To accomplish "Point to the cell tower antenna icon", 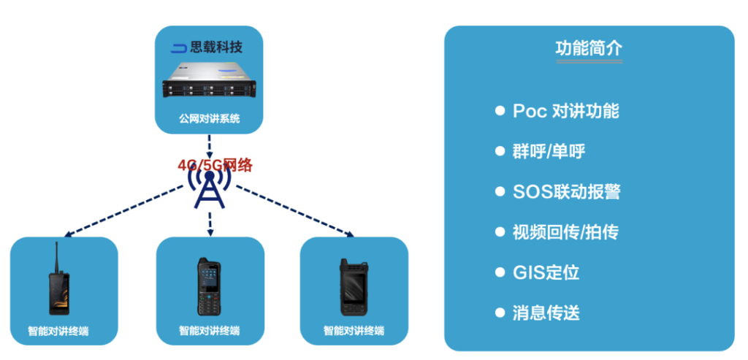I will pyautogui.click(x=210, y=188).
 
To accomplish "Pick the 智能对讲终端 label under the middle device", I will pyautogui.click(x=209, y=330).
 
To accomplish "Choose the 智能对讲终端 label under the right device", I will pyautogui.click(x=354, y=330).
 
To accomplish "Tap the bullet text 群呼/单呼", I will pyautogui.click(x=549, y=151).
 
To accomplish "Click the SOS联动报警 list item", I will pyautogui.click(x=567, y=192).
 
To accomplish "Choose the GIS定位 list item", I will pyautogui.click(x=546, y=272).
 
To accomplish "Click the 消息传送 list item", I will pyautogui.click(x=546, y=313).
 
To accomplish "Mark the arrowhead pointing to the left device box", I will pyautogui.click(x=67, y=235).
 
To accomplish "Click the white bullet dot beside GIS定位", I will pyautogui.click(x=500, y=272).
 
